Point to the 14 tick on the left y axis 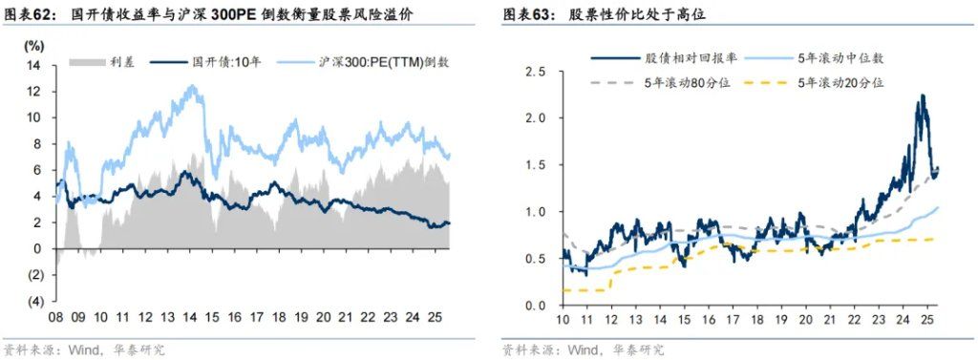(x=35, y=66)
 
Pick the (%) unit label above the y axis (x=34, y=46)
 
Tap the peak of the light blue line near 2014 (x=193, y=87)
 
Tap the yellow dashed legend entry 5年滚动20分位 (x=840, y=83)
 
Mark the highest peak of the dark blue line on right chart (x=922, y=95)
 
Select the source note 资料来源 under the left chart (x=30, y=349)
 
